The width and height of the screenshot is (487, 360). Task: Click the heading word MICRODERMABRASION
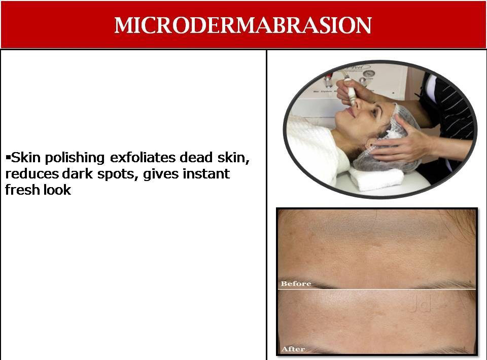pos(243,25)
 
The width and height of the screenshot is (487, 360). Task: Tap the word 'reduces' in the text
pos(32,174)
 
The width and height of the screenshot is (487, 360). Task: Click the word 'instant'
pos(206,173)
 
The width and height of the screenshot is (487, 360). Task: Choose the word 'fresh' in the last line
pos(22,190)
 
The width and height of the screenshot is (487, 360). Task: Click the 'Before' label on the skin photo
pos(296,283)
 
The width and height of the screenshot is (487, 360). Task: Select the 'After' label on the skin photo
pos(293,349)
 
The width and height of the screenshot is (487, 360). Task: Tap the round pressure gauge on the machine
pos(369,74)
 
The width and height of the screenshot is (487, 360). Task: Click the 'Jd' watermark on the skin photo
pos(420,304)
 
